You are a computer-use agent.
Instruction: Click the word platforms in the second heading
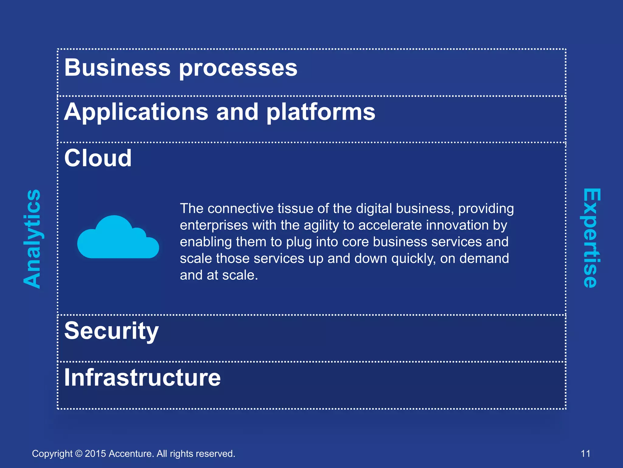[321, 113]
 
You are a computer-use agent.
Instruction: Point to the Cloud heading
[98, 158]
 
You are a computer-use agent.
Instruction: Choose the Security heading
[111, 331]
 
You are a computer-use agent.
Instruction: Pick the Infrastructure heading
[142, 378]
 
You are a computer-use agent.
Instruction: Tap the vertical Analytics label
[32, 239]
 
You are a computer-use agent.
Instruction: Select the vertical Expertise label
[591, 238]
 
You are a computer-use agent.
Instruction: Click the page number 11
[586, 454]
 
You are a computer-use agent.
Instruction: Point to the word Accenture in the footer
[131, 454]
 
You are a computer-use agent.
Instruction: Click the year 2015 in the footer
[95, 454]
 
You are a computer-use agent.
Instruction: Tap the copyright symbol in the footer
[79, 454]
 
